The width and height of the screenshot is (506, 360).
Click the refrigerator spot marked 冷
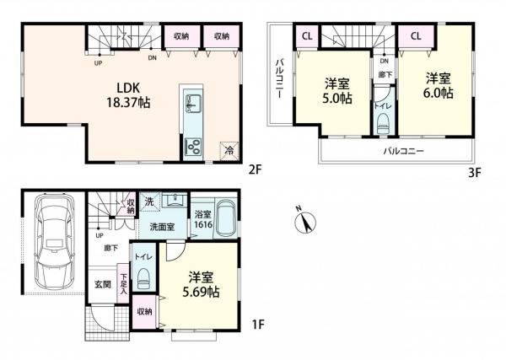(x=228, y=149)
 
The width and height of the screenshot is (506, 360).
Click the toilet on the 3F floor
(x=383, y=125)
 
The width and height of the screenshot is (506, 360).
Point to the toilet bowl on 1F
(x=143, y=277)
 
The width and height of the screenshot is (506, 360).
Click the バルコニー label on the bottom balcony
(x=403, y=151)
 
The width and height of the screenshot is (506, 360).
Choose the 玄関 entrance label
(x=101, y=283)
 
